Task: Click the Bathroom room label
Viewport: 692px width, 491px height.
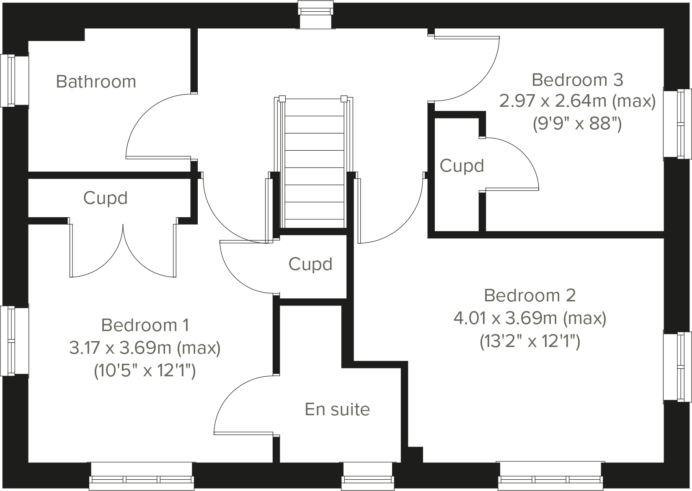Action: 96,82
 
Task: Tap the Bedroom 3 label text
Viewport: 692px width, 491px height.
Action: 577,80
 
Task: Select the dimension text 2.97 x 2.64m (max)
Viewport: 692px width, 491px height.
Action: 577,101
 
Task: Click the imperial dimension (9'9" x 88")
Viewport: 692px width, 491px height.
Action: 577,124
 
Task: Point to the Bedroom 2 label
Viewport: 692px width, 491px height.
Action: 530,296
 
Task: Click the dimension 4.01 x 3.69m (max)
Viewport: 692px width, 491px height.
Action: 530,319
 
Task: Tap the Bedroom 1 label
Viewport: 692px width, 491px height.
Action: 145,325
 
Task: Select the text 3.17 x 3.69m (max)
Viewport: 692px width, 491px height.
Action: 145,348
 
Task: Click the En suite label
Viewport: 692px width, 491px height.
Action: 337,409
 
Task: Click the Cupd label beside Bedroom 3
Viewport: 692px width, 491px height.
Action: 462,166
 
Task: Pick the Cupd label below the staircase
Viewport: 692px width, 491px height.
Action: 310,264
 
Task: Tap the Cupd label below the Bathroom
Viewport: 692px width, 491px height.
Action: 105,198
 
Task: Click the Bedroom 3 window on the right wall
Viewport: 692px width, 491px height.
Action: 678,124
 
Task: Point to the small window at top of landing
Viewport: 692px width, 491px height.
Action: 316,15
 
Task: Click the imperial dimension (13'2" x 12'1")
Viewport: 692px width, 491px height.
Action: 530,342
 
